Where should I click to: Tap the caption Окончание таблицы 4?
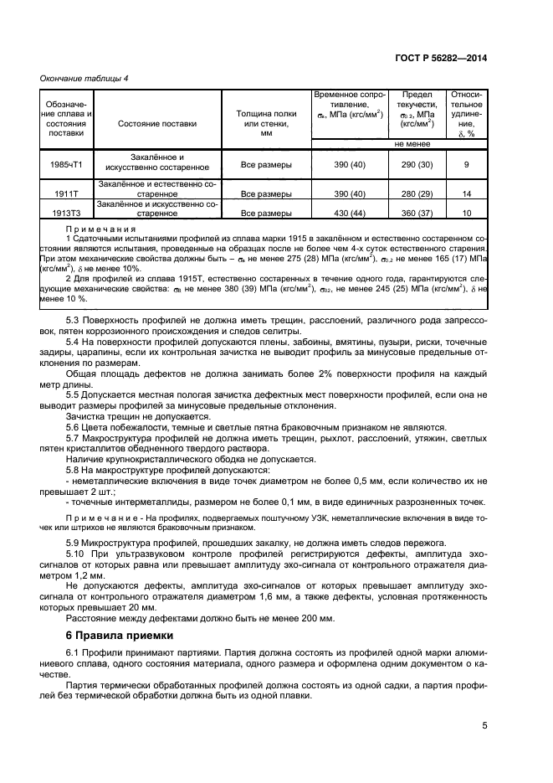[84, 78]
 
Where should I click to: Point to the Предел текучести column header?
[417, 110]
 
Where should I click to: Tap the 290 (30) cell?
[417, 164]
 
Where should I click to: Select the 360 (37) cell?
[417, 214]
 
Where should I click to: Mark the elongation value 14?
[466, 193]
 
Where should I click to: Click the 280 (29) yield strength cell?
[417, 193]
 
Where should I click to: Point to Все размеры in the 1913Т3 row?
[266, 214]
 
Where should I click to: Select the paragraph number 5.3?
[74, 296]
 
